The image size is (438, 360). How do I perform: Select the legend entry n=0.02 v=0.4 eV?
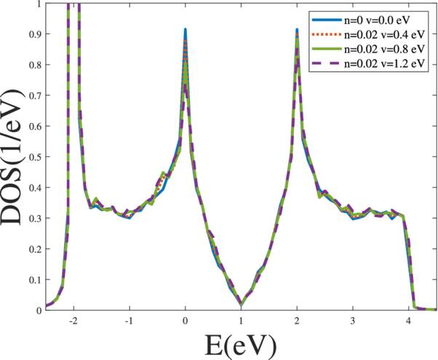coord(386,33)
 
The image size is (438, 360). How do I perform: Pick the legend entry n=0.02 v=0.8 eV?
coord(386,48)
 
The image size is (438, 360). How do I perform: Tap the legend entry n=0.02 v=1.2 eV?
coord(386,63)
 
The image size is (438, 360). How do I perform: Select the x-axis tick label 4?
coord(408,321)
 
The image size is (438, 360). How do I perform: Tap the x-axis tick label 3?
coord(353,321)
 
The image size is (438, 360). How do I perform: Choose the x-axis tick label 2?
coord(297,321)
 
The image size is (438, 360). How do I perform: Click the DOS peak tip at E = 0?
coord(186,30)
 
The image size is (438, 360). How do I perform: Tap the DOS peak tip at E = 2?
coord(297,30)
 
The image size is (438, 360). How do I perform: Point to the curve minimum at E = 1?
coord(241,304)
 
